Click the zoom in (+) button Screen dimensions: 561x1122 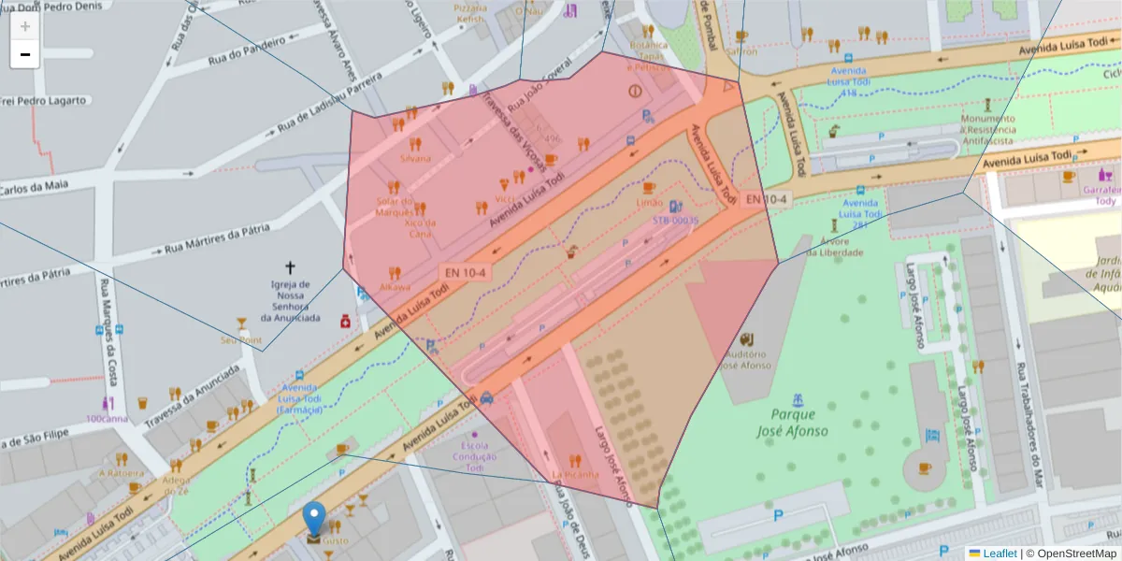click(25, 26)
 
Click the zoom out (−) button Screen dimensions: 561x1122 click(25, 54)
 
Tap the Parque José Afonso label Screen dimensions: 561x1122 click(793, 423)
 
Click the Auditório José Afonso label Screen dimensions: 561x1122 click(745, 360)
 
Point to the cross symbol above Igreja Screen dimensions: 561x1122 click(290, 267)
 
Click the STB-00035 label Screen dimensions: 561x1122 click(675, 221)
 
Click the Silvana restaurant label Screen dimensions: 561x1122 click(415, 158)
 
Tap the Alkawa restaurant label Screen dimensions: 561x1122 click(395, 287)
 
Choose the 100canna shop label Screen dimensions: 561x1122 click(108, 418)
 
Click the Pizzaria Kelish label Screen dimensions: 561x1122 click(469, 14)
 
